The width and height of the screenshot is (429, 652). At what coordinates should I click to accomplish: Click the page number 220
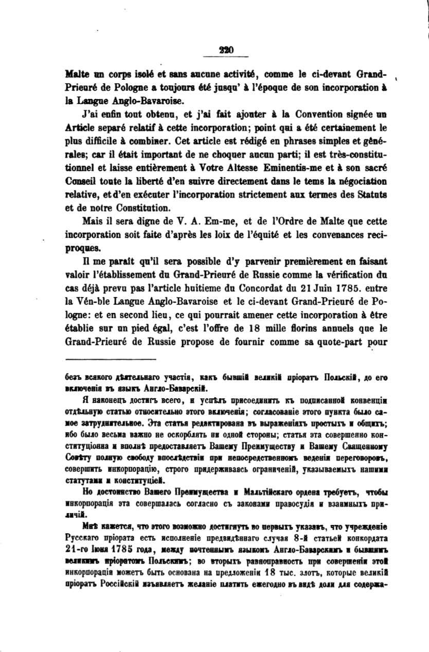pyautogui.click(x=226, y=50)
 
